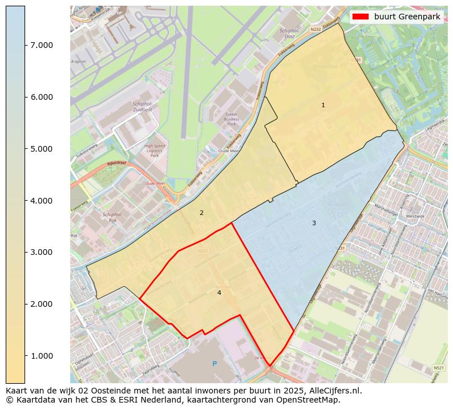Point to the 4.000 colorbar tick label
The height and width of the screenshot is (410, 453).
pos(42,201)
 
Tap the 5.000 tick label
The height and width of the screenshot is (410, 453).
pos(42,149)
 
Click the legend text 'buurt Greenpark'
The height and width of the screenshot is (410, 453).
pos(407,17)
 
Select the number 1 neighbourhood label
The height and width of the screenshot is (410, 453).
pos(323,105)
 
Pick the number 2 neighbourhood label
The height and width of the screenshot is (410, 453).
pos(201,213)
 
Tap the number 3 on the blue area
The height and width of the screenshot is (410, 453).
pos(314,223)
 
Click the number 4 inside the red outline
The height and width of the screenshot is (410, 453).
pos(219,293)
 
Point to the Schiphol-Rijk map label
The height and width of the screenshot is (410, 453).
pos(112,217)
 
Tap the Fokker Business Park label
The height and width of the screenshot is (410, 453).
pos(231,119)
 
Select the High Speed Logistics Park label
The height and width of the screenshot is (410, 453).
pos(155,150)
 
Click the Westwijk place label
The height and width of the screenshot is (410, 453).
pos(415,217)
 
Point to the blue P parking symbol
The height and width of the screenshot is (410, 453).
pos(215,363)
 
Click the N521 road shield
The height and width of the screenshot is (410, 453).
pos(438,368)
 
